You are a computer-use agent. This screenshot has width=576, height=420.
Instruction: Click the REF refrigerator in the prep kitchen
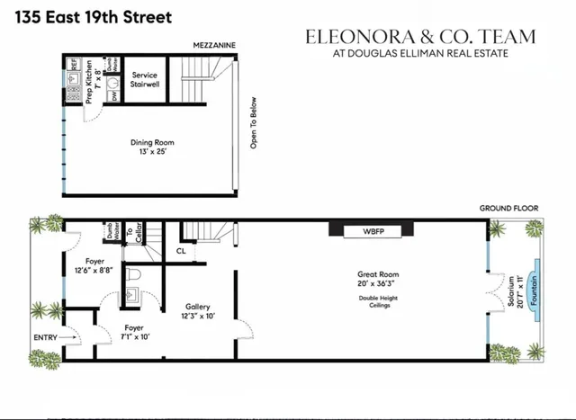pos(74,64)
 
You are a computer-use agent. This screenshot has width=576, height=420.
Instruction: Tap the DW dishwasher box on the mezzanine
pos(101,95)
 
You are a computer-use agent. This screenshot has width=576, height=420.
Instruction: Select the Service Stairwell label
pos(146,80)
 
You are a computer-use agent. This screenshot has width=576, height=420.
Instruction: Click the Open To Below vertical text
pos(254,123)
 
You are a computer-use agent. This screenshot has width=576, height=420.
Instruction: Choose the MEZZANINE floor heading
pos(214,44)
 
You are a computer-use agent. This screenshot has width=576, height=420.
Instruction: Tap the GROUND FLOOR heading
pos(508,209)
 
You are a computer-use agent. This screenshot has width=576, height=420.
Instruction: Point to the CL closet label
pos(182,252)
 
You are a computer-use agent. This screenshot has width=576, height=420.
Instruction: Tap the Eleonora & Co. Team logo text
pos(420,37)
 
